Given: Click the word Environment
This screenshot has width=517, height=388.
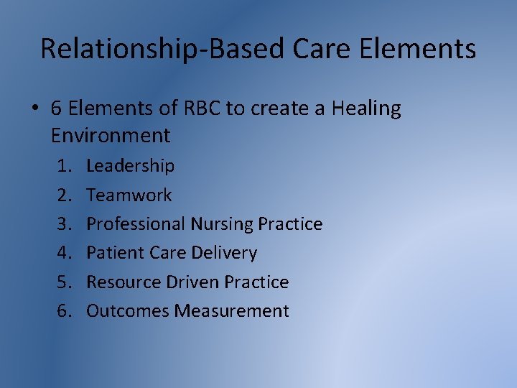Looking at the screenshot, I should click(x=111, y=135).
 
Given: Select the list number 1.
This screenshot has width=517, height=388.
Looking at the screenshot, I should click(x=65, y=166).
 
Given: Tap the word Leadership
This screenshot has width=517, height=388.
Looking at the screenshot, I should click(x=130, y=166).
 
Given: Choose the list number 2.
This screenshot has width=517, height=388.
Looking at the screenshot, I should click(x=65, y=195).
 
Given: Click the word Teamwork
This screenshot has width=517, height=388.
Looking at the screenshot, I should click(x=129, y=195).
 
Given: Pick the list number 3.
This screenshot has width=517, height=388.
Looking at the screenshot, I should click(x=65, y=224).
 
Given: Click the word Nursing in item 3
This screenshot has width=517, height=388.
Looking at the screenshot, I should click(x=222, y=224).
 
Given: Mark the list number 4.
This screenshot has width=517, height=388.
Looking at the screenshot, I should click(x=65, y=253).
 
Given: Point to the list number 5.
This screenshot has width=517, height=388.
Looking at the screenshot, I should click(x=65, y=282).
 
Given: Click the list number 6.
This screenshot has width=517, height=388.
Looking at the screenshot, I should click(x=65, y=311).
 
